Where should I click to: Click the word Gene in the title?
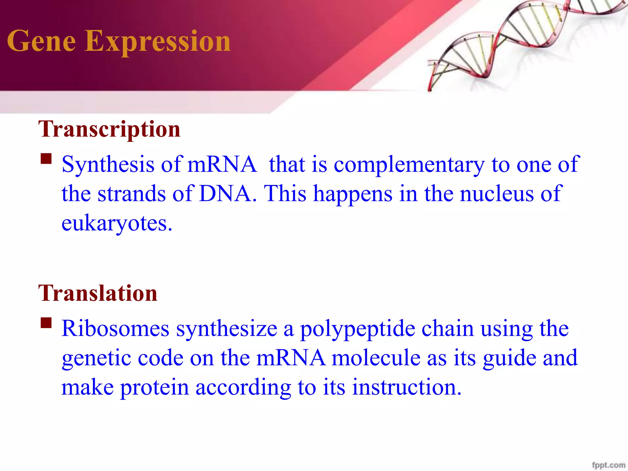tap(41, 41)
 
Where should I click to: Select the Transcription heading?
tap(109, 130)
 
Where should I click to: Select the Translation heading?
tap(98, 293)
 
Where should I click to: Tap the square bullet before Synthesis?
tap(46, 159)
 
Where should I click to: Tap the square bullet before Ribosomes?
tap(46, 323)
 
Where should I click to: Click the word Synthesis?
tap(108, 165)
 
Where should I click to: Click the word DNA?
tap(225, 194)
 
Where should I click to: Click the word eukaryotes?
tap(117, 223)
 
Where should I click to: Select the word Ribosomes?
tap(115, 329)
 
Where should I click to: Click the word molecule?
tap(376, 358)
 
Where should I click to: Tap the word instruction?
tap(407, 387)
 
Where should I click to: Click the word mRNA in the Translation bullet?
tap(291, 358)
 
